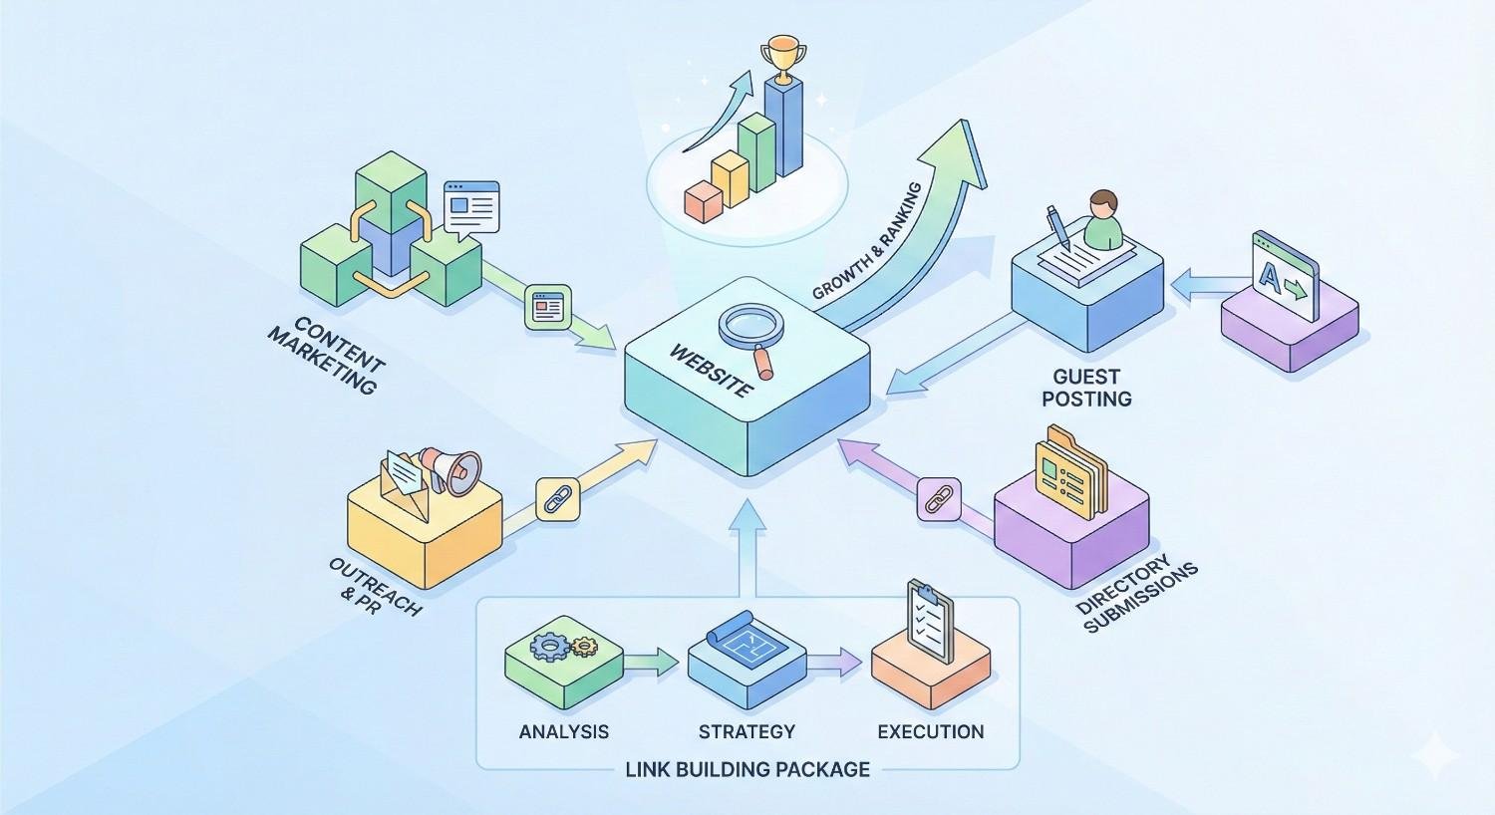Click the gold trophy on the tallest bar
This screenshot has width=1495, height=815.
780,59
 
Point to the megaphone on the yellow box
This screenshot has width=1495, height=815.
450,469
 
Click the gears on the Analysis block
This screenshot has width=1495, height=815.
561,647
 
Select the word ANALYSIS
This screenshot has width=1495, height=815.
563,731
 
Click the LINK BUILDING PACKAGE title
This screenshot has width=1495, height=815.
747,769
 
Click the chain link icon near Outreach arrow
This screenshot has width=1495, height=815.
557,497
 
